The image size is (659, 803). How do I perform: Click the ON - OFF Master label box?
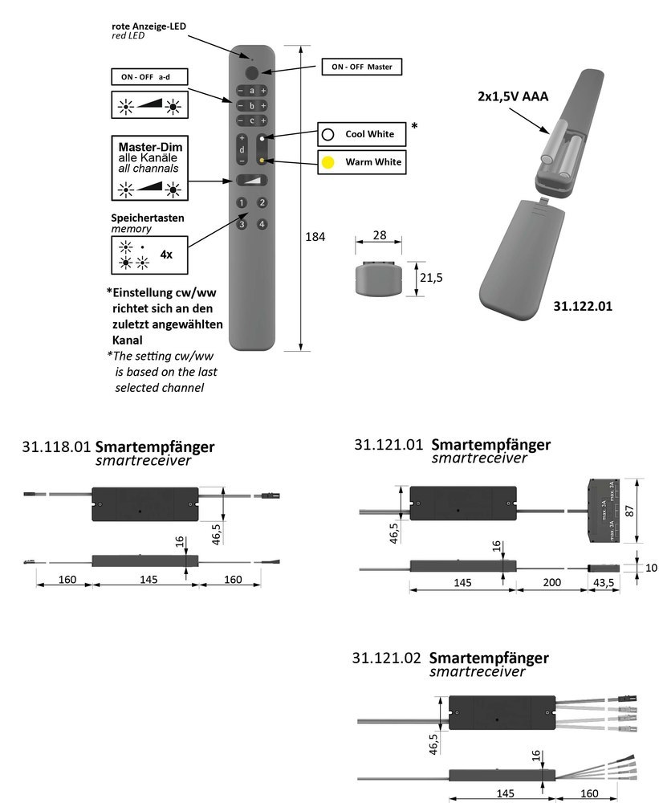pos(361,67)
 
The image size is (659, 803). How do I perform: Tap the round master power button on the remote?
pos(252,72)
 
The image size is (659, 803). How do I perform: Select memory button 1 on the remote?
pos(242,203)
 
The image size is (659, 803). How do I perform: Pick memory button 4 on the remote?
pos(262,224)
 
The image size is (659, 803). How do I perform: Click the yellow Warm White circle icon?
pos(327,162)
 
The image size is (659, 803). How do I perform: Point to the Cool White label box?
pos(361,134)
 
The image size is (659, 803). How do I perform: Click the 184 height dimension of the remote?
pos(315,237)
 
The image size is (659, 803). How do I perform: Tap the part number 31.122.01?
pos(582,306)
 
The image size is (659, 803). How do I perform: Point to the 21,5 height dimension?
pos(432,278)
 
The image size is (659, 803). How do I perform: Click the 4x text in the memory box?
pos(166,254)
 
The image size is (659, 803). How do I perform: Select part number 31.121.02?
pos(387,658)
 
